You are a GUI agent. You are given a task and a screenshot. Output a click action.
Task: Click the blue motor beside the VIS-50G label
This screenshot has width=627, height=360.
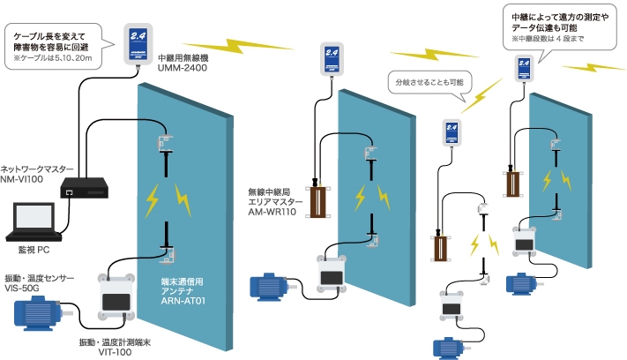[41, 311]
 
